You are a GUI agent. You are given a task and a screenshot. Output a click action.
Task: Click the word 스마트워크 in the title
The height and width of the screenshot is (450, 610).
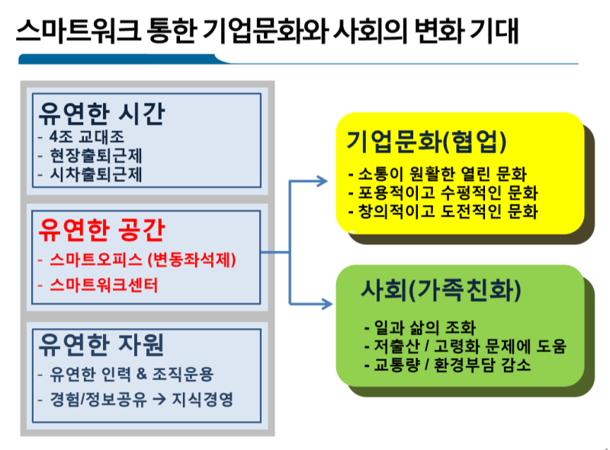click(78, 30)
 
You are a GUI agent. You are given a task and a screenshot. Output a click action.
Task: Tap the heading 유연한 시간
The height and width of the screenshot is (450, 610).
click(102, 113)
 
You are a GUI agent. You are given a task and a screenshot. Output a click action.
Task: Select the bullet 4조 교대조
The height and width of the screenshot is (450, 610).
click(87, 136)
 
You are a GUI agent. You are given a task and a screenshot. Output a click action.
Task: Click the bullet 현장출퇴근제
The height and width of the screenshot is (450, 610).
click(96, 155)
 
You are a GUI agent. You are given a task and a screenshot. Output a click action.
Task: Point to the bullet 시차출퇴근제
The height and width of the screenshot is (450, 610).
click(96, 174)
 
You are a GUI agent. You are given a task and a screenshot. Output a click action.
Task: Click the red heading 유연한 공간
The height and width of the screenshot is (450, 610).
click(102, 230)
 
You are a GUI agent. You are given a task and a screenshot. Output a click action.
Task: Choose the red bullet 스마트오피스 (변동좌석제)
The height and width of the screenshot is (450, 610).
click(143, 260)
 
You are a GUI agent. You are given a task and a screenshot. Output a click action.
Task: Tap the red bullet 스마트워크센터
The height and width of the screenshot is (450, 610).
click(104, 285)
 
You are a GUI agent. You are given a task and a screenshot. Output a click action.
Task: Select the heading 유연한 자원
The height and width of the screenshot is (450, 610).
click(101, 344)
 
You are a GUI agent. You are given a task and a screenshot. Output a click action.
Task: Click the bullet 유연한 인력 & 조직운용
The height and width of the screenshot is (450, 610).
click(131, 374)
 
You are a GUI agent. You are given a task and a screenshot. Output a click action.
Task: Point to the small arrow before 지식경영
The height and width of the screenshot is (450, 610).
click(159, 399)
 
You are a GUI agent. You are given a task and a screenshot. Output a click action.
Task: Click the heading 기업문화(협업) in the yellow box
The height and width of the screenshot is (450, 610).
click(426, 141)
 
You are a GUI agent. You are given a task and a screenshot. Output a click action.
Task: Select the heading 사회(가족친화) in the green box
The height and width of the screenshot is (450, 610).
click(441, 290)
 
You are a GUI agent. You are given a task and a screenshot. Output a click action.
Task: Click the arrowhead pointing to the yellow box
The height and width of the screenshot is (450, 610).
click(322, 181)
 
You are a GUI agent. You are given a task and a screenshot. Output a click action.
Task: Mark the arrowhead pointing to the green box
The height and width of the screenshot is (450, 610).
click(326, 304)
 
